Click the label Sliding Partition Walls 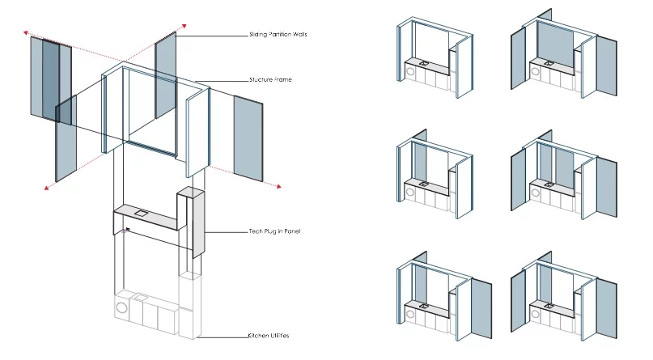pos(278,35)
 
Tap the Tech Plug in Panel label pos(274,231)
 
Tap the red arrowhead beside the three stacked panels pos(26,34)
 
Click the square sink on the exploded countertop pos(140,213)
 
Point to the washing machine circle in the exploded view pos(122,307)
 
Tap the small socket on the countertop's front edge pos(128,231)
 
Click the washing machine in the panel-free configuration pos(409,70)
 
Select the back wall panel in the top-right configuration pos(555,40)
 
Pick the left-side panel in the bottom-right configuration pos(519,302)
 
